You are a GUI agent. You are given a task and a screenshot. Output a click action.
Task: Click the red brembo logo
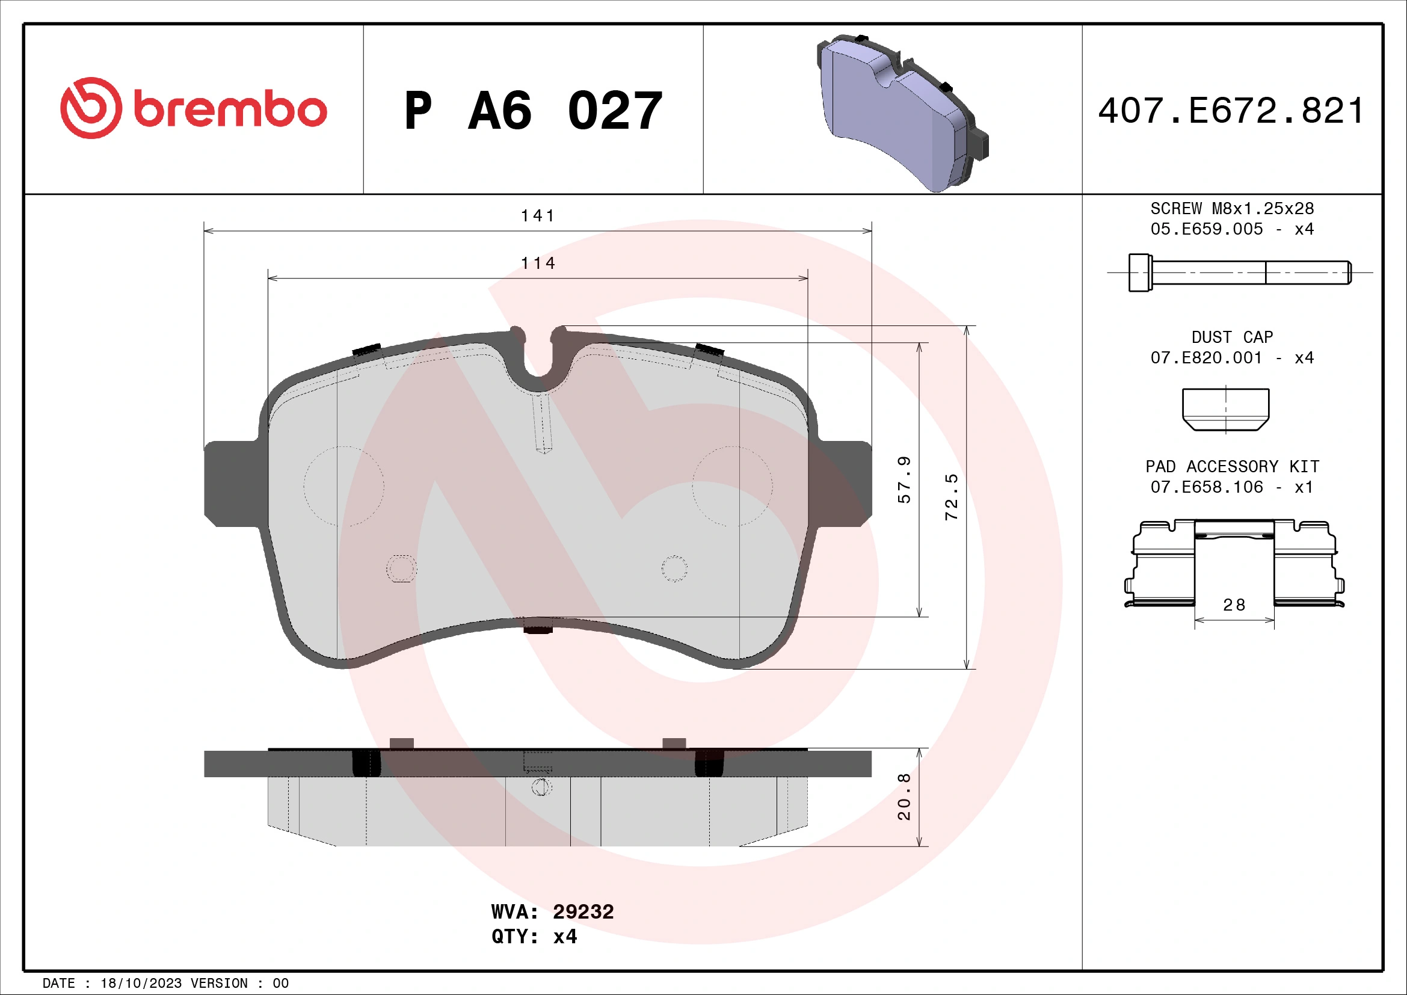click(x=193, y=108)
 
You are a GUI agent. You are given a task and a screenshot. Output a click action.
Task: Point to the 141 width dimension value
click(x=537, y=216)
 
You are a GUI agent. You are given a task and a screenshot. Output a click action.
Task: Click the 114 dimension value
click(x=537, y=263)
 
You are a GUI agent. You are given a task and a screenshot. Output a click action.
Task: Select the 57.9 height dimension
click(x=905, y=479)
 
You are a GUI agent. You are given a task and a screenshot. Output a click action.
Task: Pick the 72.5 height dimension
click(x=951, y=497)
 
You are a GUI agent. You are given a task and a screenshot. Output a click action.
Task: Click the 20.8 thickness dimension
click(x=905, y=796)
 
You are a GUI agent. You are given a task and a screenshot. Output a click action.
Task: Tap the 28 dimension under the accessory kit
click(x=1234, y=605)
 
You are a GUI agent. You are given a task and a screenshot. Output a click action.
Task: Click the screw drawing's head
click(x=1140, y=273)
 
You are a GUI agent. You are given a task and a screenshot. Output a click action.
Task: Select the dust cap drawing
click(x=1225, y=408)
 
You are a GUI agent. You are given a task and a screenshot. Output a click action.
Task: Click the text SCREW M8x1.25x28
click(x=1232, y=209)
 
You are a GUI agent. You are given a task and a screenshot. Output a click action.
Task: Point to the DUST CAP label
click(x=1232, y=337)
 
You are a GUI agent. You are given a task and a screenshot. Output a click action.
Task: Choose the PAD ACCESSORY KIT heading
click(x=1232, y=467)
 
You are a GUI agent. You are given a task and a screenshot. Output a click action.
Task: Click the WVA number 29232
click(x=583, y=911)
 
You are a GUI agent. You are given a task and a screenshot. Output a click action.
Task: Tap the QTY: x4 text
click(x=534, y=937)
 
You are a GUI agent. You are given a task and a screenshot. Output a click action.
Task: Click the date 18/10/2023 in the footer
click(x=141, y=984)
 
